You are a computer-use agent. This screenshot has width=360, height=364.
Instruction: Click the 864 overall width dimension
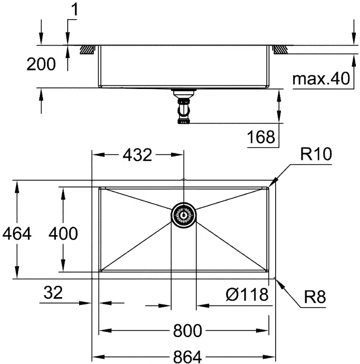pos(187,357)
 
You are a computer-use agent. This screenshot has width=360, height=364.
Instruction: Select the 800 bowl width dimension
pos(187,330)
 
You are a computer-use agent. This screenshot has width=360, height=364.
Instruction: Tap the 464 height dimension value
pos(17,234)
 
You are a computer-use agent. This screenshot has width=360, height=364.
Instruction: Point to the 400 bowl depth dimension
pos(63,234)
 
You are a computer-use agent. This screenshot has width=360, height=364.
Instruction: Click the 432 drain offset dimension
pos(137,155)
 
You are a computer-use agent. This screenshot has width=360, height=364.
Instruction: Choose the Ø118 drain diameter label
pos(247,295)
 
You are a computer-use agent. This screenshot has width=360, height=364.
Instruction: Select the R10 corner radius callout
pos(316,154)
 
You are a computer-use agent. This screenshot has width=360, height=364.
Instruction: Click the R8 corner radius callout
pos(315,297)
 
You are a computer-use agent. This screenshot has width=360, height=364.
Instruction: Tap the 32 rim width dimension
pos(53,293)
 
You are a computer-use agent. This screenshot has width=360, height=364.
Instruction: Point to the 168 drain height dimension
pos(261,137)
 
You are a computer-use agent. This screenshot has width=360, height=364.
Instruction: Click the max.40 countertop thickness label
pos(321,79)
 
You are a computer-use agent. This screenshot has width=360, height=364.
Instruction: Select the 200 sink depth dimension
pos(41,64)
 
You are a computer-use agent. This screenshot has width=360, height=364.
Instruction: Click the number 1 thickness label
pos(74,10)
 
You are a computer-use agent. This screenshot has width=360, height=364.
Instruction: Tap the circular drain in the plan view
pos(184,215)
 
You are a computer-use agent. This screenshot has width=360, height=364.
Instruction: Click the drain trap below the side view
pos(184,106)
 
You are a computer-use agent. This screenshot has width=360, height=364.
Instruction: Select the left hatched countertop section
pos(87,50)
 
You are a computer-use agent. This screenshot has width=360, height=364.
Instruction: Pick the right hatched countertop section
pos(280,50)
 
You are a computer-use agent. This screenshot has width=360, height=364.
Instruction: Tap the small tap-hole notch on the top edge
pos(184,180)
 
